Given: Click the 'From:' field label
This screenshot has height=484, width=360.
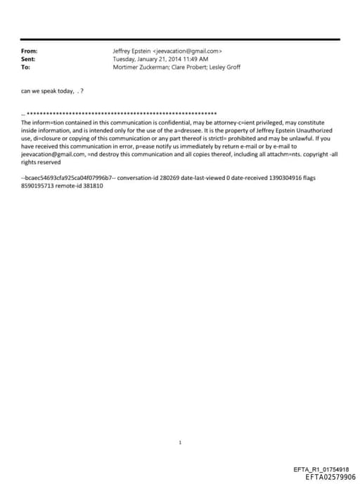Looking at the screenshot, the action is (x=30, y=51).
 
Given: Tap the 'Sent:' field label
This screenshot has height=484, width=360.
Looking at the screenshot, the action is (x=29, y=59).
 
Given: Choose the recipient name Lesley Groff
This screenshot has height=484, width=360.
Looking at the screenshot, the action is (x=226, y=68).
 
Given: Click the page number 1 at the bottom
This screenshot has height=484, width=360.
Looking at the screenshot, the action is (x=181, y=442).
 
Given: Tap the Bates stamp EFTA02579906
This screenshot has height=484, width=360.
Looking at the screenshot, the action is (x=330, y=476).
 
